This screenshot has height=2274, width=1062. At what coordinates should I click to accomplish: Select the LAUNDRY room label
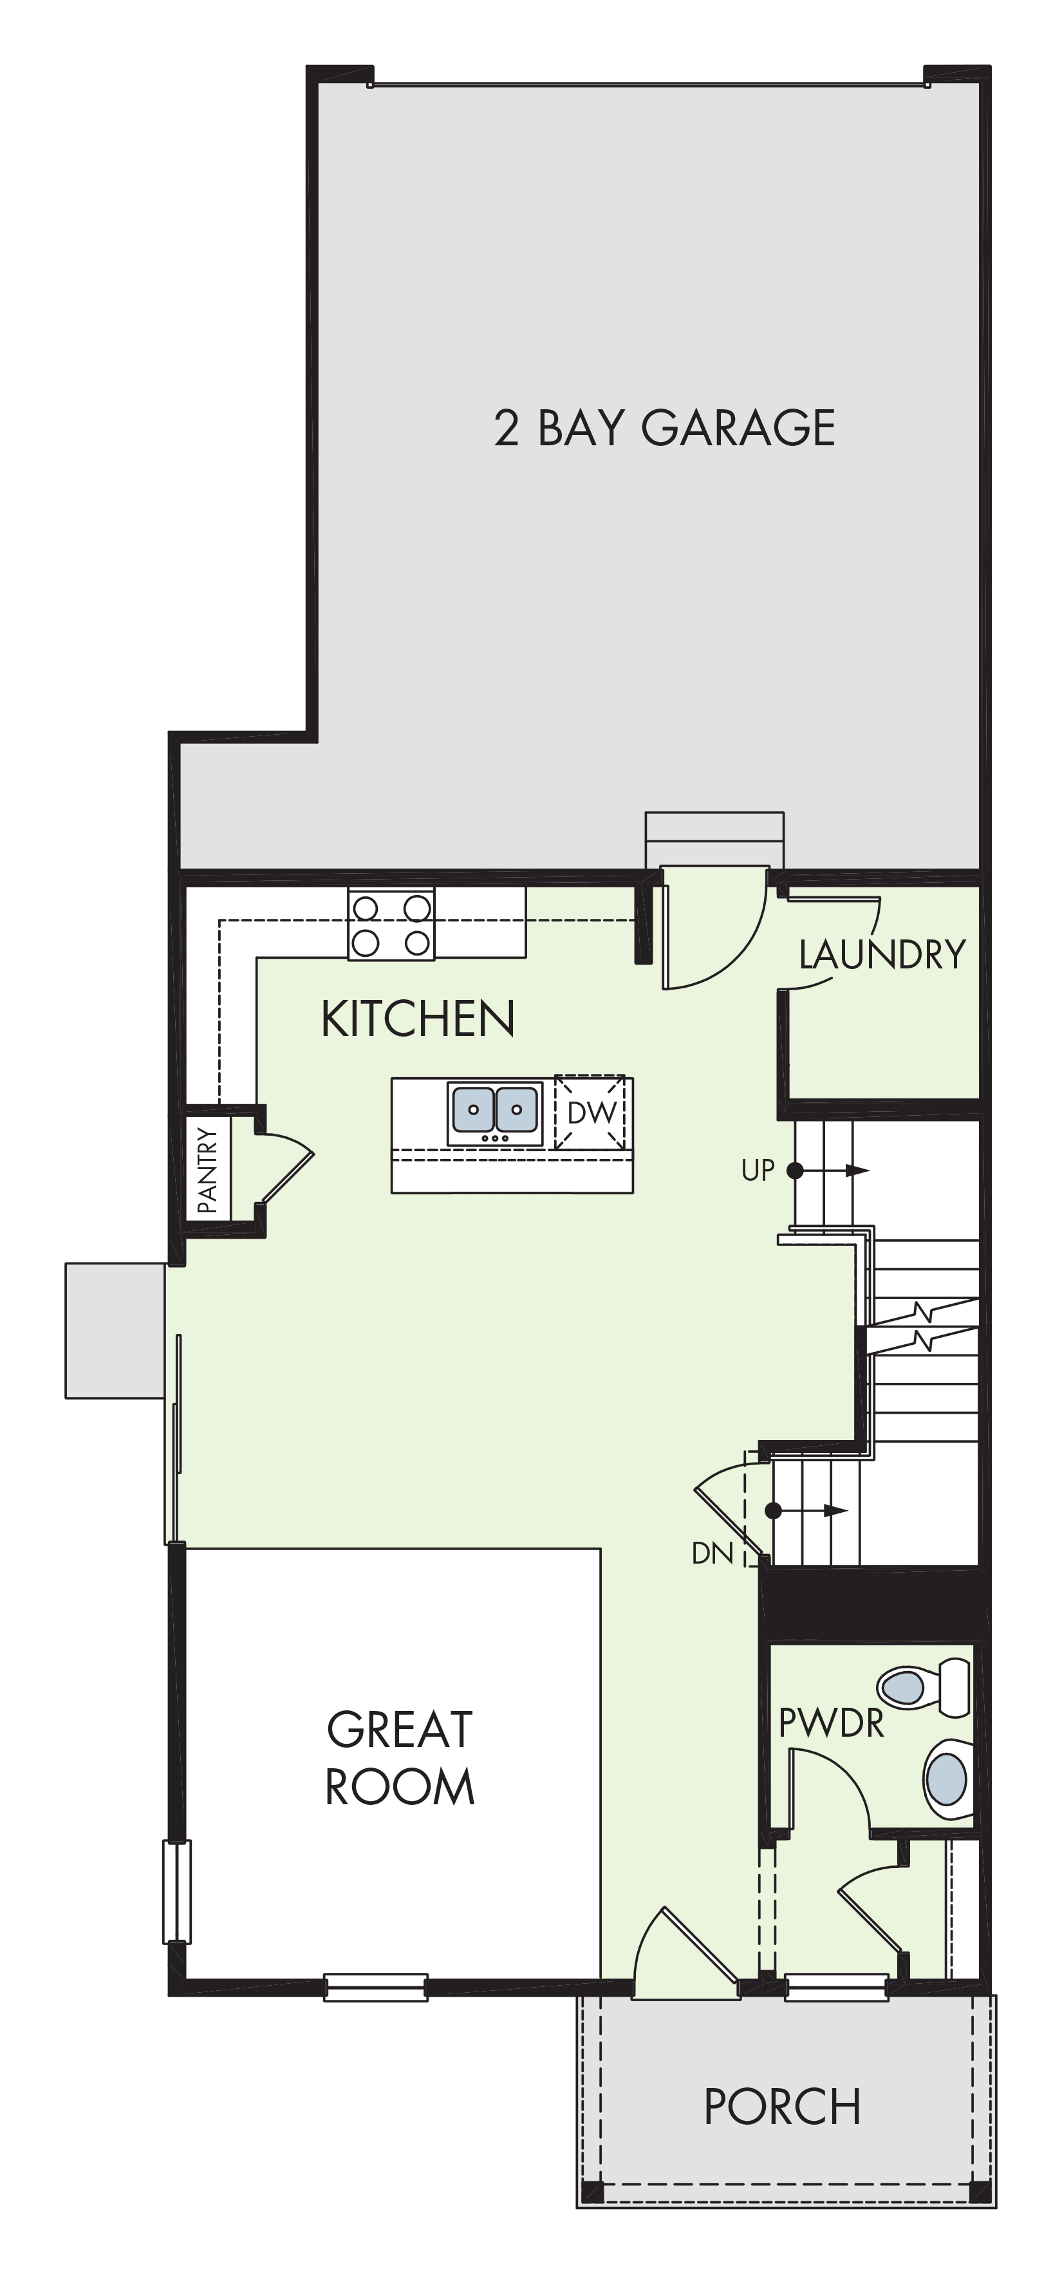(882, 954)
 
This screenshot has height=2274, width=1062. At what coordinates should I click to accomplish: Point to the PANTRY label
(207, 1170)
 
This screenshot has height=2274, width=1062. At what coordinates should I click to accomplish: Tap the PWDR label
(831, 1723)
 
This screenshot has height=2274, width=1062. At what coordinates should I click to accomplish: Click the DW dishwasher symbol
(590, 1113)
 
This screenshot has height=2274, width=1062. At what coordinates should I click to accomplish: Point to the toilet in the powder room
(925, 1688)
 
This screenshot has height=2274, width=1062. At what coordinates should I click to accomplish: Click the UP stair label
(758, 1170)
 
